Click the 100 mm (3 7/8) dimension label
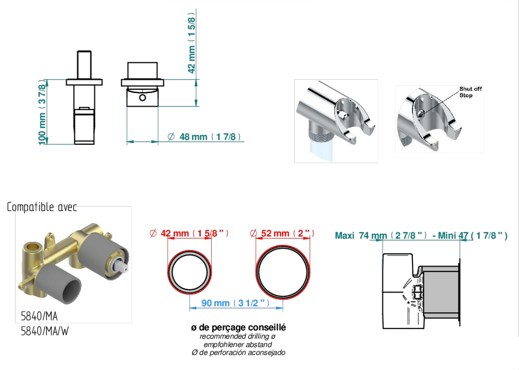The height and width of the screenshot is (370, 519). (x=42, y=112)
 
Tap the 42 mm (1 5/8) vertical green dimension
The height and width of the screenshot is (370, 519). (x=192, y=43)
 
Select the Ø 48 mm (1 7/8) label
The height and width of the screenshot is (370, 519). (x=204, y=137)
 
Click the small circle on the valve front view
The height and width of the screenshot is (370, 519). (x=142, y=98)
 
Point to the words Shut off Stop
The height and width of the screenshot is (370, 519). (x=470, y=92)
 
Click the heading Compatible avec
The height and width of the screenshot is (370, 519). (x=42, y=207)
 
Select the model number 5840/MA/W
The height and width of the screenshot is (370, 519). (x=45, y=331)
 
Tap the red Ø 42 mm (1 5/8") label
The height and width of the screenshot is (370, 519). (x=189, y=233)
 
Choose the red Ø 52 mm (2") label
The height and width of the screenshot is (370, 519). (x=282, y=233)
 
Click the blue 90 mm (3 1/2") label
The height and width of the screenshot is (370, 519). (x=235, y=303)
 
